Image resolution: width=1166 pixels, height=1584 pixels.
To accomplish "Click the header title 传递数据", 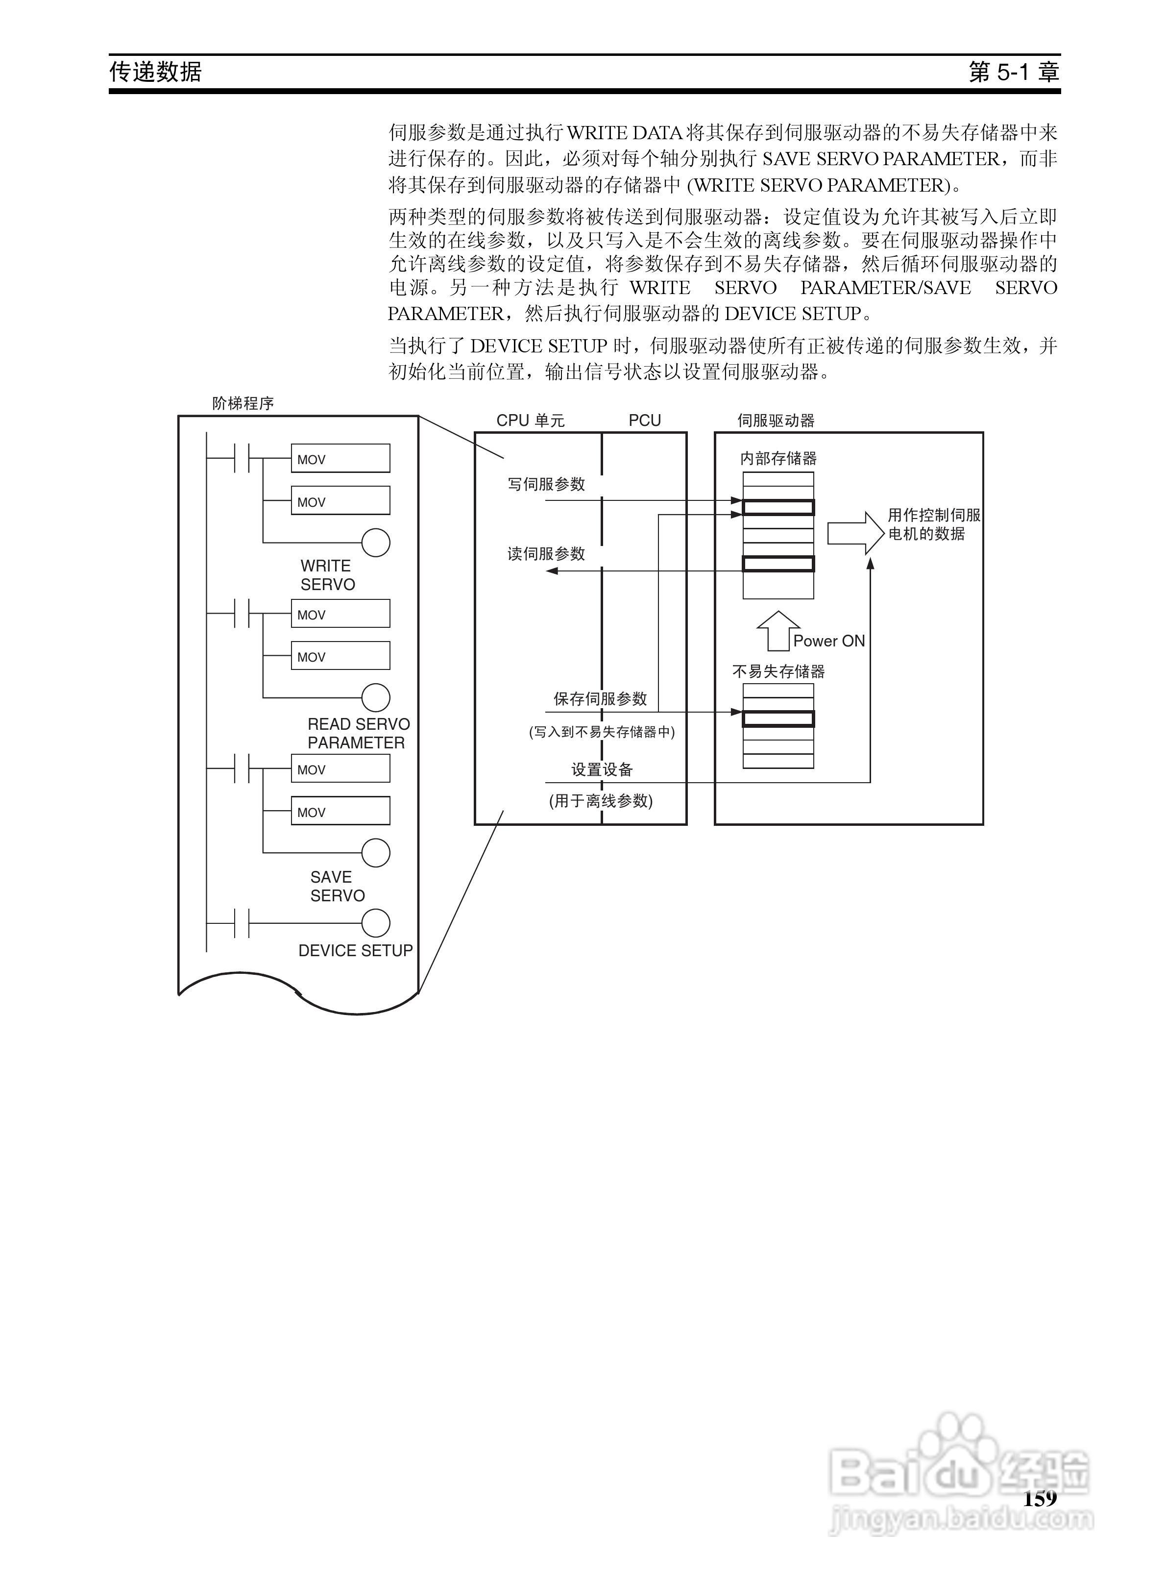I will click(156, 72).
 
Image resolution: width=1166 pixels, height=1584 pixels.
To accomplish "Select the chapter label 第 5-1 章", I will click(1014, 72).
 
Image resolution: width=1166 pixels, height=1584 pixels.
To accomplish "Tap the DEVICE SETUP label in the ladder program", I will click(355, 951).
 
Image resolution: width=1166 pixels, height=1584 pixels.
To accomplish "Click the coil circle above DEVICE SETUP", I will click(375, 923).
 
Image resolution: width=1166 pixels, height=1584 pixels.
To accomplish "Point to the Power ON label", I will click(828, 641).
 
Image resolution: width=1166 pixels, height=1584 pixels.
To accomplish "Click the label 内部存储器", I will click(778, 459).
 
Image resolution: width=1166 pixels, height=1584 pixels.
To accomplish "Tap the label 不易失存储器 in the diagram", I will click(778, 671).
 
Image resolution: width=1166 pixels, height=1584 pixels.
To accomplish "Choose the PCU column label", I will click(644, 421).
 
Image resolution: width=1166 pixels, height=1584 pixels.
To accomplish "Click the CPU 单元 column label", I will click(530, 421).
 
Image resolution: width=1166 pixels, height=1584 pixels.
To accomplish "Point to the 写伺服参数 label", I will click(546, 484).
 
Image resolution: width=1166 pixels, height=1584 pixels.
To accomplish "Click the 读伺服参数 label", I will click(546, 554).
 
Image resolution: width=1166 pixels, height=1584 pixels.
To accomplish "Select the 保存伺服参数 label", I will click(600, 699).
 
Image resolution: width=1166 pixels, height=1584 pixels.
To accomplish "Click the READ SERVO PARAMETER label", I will click(358, 733).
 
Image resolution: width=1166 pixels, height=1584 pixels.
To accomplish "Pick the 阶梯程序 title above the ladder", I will click(243, 404).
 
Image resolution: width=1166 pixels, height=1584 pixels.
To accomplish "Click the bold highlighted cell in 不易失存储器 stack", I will click(778, 718).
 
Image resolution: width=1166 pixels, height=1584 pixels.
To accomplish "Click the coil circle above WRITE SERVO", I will click(375, 543).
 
